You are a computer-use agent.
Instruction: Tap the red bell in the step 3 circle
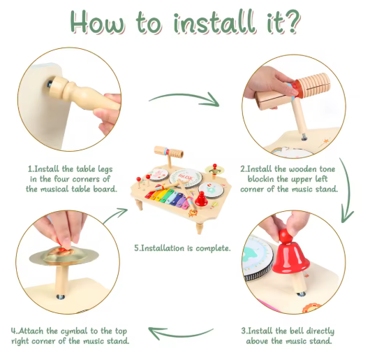point(290,256)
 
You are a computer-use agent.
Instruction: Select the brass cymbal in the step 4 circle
point(64,256)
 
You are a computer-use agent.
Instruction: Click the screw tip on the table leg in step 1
point(50,84)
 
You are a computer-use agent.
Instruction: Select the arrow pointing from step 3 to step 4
point(182,333)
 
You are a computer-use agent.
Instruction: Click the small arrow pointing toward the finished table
point(115,215)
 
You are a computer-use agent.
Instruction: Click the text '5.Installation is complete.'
point(182,248)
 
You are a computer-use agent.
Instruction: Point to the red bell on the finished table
point(201,199)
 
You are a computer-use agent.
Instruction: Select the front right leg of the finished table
point(200,227)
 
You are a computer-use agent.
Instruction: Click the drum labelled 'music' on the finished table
point(186,178)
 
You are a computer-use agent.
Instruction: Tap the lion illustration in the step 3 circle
point(309,308)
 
